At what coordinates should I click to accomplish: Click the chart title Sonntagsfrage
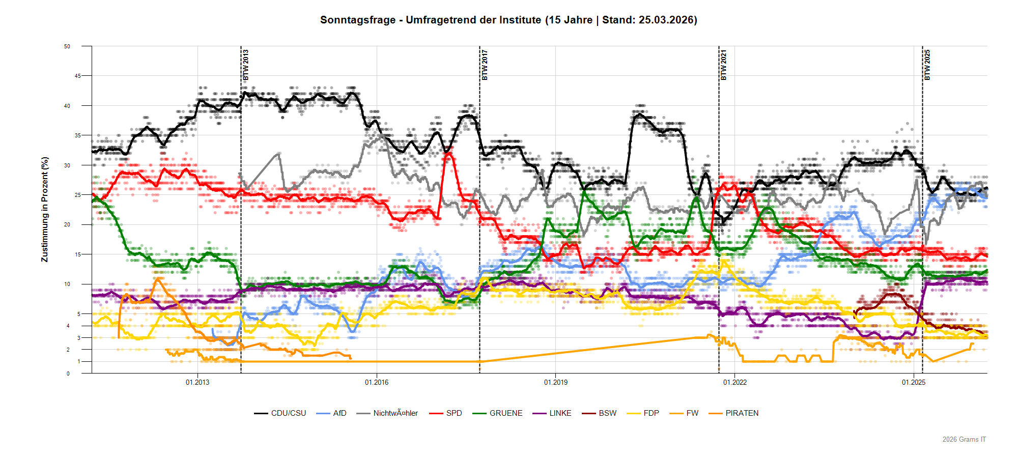508,20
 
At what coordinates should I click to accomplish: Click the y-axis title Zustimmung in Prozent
45,209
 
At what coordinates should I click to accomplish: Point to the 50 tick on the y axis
67,46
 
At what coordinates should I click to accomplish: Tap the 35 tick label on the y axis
78,135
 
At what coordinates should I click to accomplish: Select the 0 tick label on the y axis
68,374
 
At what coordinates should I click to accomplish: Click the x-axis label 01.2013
197,382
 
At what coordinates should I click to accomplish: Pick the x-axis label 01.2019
556,382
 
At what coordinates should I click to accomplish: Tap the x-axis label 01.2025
914,382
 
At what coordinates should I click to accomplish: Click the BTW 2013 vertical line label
246,65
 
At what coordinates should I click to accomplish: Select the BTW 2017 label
485,65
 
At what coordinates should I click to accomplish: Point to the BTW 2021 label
724,65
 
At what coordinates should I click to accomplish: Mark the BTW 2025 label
927,65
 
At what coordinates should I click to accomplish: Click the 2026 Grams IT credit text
964,439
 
